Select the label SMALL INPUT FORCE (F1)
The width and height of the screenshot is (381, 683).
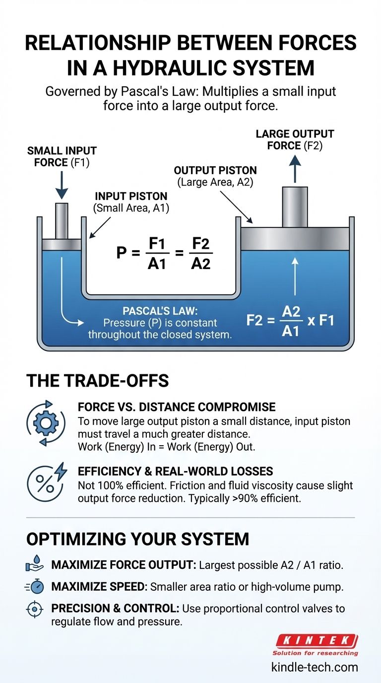(62, 156)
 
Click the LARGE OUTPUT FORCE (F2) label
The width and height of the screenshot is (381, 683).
(295, 139)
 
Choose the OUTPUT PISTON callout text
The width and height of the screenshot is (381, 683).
(214, 176)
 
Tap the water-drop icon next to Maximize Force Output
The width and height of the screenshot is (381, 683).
(34, 565)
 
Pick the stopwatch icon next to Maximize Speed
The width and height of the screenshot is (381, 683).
(34, 587)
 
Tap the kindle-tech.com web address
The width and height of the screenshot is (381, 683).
(315, 667)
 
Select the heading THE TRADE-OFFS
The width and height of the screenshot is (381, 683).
(97, 381)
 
